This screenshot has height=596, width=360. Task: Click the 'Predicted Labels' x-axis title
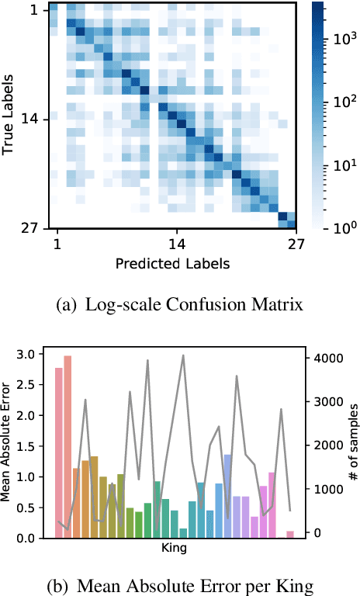[x=172, y=264]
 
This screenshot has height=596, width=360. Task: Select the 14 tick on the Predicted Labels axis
[x=176, y=244]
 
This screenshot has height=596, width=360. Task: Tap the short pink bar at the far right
[x=290, y=534]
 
